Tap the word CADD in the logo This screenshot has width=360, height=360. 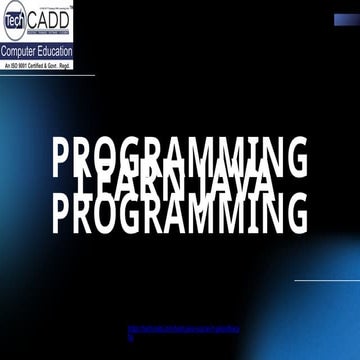click(47, 18)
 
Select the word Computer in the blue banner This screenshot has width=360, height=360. click(21, 50)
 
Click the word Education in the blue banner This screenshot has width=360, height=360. click(54, 50)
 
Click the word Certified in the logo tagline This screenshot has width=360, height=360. click(39, 64)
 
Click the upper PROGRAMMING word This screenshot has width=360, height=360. click(180, 157)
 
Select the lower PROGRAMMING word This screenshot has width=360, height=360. click(180, 214)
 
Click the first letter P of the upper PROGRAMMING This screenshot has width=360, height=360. click(63, 157)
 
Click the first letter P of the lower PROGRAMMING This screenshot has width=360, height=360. click(63, 214)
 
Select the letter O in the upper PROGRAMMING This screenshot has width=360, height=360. click(112, 157)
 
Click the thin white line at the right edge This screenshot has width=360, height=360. click(326, 280)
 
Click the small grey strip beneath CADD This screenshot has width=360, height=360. click(48, 34)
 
